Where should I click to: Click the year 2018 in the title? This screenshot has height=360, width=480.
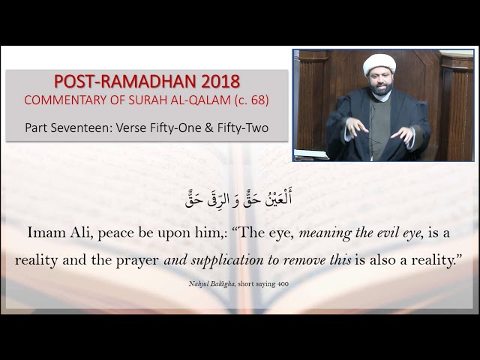point(220,82)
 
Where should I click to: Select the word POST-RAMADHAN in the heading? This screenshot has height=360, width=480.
point(125,82)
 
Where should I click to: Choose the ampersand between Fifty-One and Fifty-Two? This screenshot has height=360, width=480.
point(209,128)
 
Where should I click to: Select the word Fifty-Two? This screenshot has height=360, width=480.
point(243,128)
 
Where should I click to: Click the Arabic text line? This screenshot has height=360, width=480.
point(238,198)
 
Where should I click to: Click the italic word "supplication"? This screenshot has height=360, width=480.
point(227,260)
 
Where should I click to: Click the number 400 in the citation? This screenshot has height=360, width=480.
point(283,283)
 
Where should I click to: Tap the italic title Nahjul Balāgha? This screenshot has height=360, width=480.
point(211,283)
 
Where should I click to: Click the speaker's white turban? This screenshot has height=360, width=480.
point(379,64)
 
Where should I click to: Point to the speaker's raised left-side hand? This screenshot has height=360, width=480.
point(355,127)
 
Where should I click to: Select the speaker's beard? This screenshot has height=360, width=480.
point(380,89)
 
